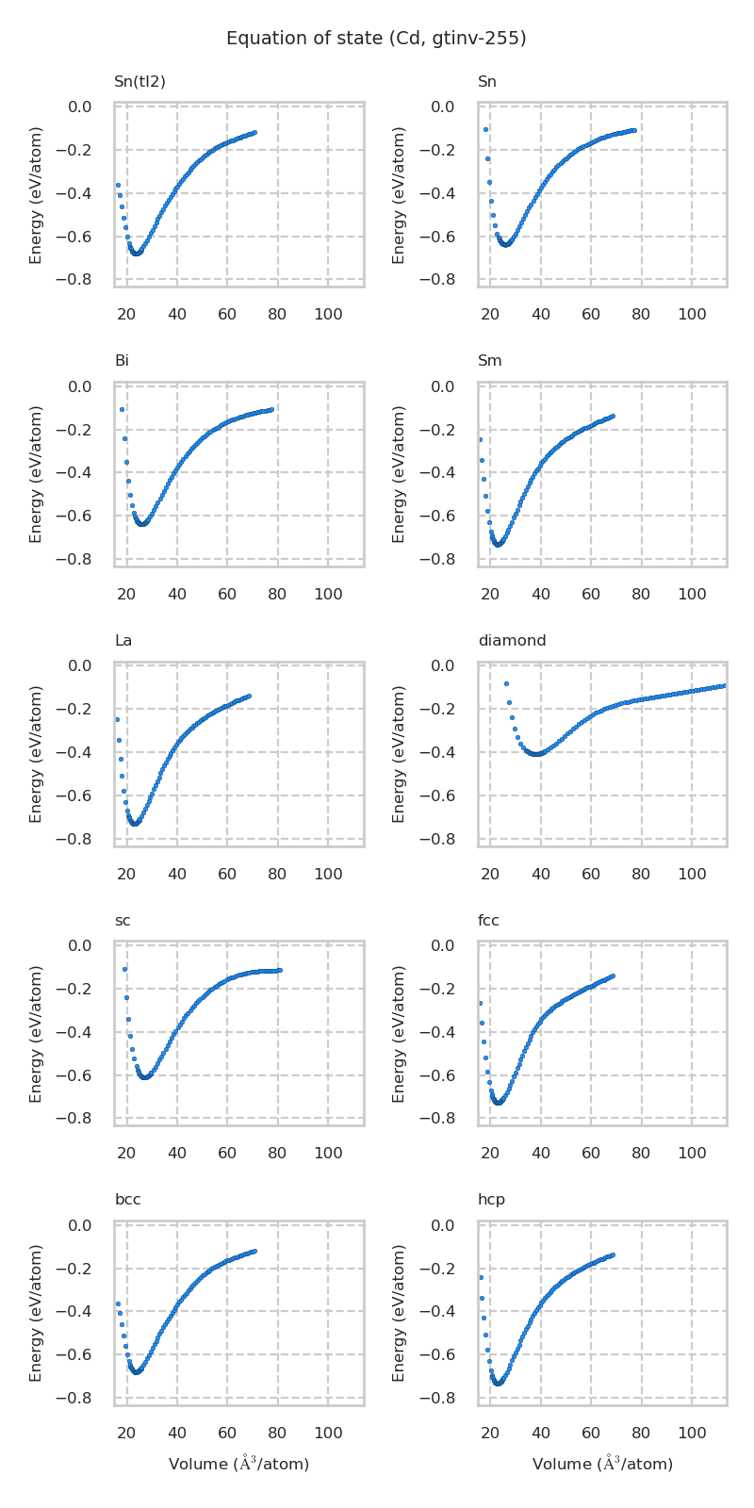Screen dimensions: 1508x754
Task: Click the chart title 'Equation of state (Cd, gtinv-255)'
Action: [376, 39]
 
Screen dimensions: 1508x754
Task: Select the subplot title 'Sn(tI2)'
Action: [139, 82]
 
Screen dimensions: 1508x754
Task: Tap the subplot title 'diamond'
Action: [512, 641]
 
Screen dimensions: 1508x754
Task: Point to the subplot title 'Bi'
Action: [122, 361]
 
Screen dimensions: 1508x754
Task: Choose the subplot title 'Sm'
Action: [489, 361]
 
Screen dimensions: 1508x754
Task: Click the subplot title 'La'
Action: [123, 641]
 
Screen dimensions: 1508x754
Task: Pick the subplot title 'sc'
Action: [123, 921]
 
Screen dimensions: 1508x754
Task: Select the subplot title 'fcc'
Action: [488, 921]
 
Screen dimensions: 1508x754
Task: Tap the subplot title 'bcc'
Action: [127, 1200]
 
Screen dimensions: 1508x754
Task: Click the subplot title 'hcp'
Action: [491, 1200]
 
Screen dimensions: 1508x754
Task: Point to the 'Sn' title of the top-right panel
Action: [487, 82]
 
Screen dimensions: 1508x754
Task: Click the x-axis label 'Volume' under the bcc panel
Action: [238, 1464]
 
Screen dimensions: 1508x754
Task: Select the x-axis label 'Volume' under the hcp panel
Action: [602, 1464]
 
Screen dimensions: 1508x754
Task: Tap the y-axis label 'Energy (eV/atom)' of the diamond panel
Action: [400, 754]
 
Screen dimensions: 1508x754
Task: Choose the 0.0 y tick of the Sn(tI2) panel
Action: [79, 107]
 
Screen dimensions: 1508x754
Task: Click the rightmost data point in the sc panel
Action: [280, 970]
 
